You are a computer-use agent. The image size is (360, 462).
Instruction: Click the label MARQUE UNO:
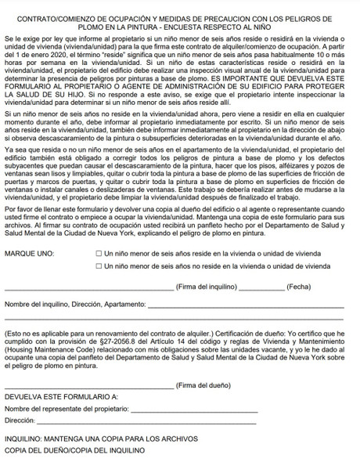30,254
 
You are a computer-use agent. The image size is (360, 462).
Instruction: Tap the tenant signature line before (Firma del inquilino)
90,287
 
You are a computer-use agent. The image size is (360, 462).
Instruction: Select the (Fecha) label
300,287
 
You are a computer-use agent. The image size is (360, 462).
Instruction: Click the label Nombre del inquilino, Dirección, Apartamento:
75,304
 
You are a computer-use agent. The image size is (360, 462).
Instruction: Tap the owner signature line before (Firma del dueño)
90,386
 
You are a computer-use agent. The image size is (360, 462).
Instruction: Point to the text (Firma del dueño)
204,385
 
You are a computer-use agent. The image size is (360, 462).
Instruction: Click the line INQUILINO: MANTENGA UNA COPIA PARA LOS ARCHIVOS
101,439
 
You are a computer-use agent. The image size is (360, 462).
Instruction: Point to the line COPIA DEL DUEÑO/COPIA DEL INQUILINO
75,450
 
